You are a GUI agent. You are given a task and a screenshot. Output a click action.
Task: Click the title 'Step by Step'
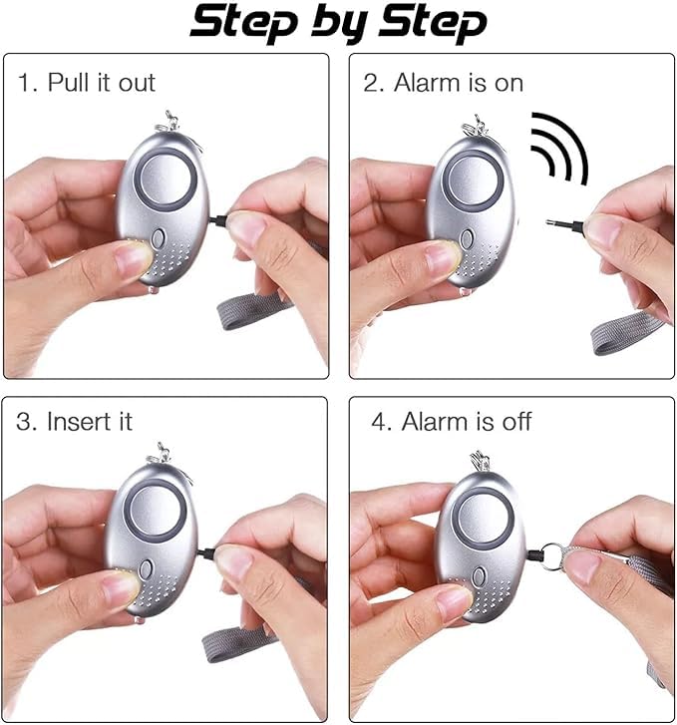pos(339,23)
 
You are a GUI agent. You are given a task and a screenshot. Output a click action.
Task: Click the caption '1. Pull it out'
pos(87,82)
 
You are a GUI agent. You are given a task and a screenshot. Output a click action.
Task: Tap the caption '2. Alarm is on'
pos(442,82)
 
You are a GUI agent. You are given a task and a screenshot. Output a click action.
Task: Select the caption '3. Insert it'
pos(75,421)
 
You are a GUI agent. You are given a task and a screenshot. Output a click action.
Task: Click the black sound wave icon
pos(558,150)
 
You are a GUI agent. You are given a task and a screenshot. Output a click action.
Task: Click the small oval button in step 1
pos(162,239)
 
